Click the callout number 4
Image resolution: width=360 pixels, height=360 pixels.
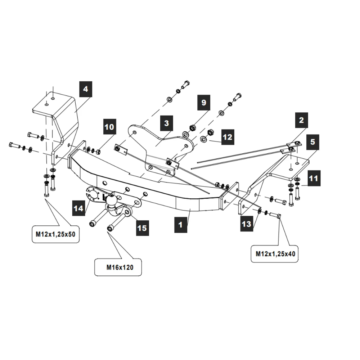pos(86,89)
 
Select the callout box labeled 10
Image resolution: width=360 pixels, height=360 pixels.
pos(109,127)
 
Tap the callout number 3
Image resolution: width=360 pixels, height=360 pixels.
pos(166,123)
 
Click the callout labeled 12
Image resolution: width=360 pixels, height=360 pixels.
pos(228,137)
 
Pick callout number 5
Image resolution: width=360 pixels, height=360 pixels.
pos(312,142)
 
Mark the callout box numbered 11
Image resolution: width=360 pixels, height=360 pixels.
pos(313,178)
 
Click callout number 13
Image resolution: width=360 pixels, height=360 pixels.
pos(247,224)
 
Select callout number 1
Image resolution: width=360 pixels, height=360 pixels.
pos(181,225)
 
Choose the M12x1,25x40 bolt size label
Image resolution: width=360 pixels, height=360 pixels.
pos(275,253)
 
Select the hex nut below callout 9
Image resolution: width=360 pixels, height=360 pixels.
pos(192,127)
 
